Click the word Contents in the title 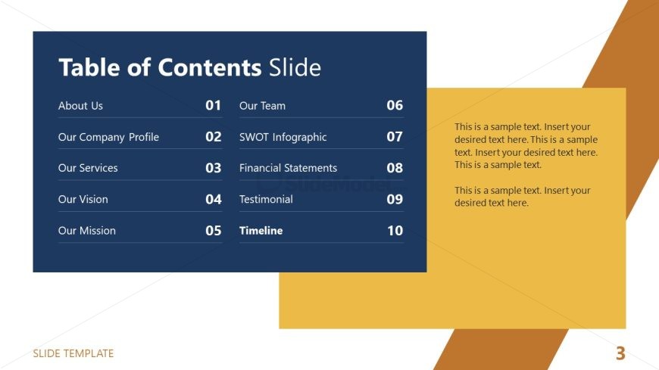click(x=210, y=67)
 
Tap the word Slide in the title click(x=295, y=67)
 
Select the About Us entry click(x=80, y=106)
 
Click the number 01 click(x=213, y=105)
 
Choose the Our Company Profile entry click(x=108, y=138)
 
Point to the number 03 click(x=213, y=168)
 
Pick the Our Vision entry click(x=83, y=200)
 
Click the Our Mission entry click(x=86, y=231)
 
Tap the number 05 click(x=213, y=231)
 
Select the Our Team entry click(x=262, y=106)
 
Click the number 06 click(x=395, y=105)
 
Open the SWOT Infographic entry click(x=283, y=138)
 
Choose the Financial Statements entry click(x=288, y=168)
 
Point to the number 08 click(x=395, y=168)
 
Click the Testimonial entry click(x=266, y=200)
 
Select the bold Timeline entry click(x=261, y=231)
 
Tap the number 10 click(x=395, y=231)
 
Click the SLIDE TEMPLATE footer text click(x=73, y=353)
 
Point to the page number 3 click(x=620, y=353)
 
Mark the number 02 click(x=213, y=137)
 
